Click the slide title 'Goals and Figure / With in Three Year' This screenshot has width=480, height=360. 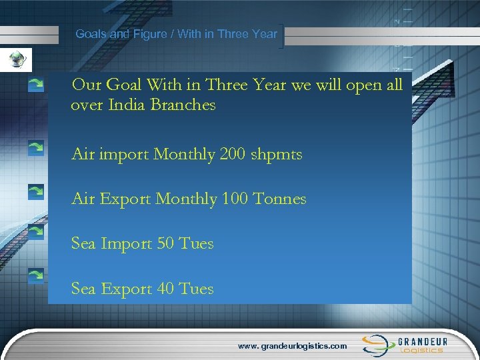pyautogui.click(x=176, y=33)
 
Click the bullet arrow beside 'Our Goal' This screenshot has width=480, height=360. pyautogui.click(x=36, y=85)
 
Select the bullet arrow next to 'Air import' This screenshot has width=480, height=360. pyautogui.click(x=36, y=149)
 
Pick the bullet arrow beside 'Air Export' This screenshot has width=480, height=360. pyautogui.click(x=36, y=193)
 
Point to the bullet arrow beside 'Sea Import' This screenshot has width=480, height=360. pyautogui.click(x=36, y=231)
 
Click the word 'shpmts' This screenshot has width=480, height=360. pyautogui.click(x=281, y=155)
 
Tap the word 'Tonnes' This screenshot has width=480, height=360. pyautogui.click(x=283, y=199)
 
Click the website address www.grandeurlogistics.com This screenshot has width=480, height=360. pyautogui.click(x=293, y=346)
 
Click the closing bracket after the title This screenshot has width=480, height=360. pyautogui.click(x=284, y=37)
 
